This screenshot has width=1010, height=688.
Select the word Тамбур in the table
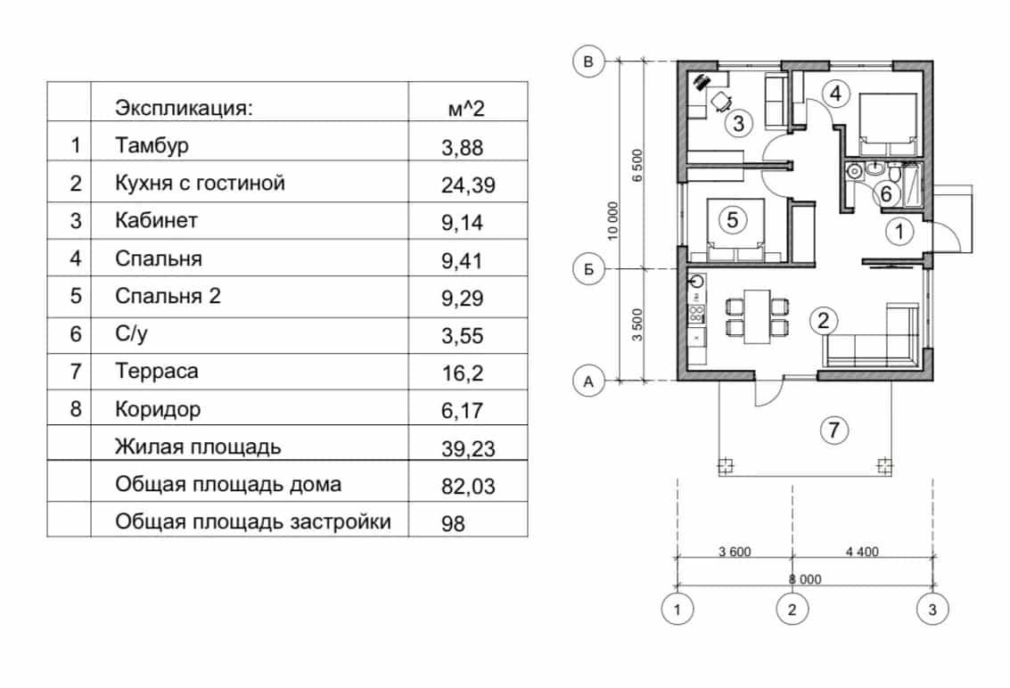click(x=152, y=145)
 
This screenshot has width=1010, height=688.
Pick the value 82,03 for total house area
click(x=468, y=486)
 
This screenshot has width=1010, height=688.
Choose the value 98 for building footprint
click(x=455, y=523)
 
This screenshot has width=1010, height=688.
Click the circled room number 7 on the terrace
click(x=833, y=430)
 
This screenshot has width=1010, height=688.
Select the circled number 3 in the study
click(x=738, y=123)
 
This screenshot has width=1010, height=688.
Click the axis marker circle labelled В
click(x=587, y=61)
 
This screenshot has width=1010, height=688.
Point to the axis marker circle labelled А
click(x=587, y=381)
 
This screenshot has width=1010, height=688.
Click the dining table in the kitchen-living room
click(x=758, y=316)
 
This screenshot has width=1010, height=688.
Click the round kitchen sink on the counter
click(x=696, y=282)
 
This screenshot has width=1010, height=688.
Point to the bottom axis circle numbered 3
click(x=932, y=610)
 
